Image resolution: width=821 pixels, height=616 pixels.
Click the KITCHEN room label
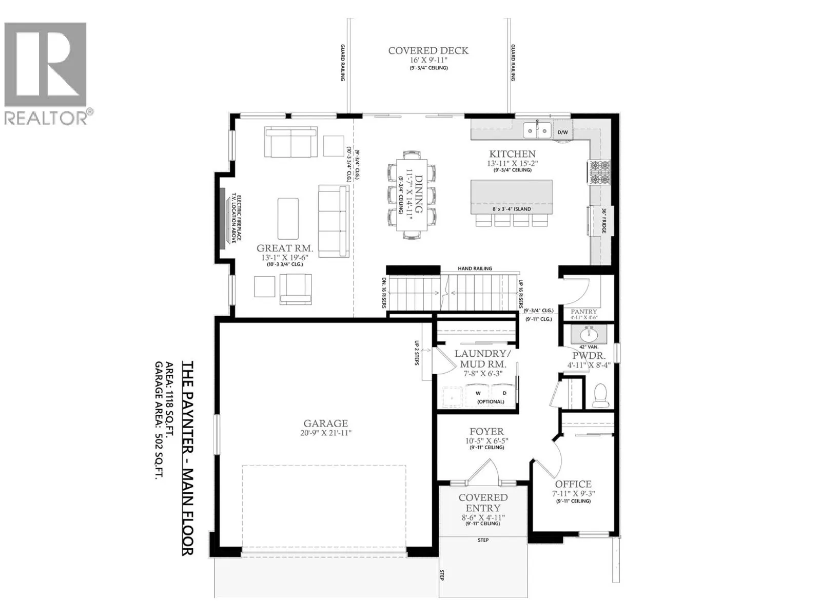coord(512,153)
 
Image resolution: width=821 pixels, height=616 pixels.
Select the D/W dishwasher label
coord(562,132)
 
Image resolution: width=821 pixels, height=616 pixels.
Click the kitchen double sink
coord(537,130)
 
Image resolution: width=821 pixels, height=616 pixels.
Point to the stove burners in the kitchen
coord(599,172)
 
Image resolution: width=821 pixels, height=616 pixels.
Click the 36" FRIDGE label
coord(604,221)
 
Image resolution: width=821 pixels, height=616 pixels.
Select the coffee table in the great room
coord(288,219)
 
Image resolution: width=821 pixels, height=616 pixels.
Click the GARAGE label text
coord(325,423)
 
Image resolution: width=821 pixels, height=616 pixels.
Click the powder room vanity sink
coord(589,335)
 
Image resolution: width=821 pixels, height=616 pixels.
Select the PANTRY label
coord(584,312)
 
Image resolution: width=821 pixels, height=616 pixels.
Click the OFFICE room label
coord(573,484)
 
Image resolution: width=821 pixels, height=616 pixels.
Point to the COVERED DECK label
coord(428,50)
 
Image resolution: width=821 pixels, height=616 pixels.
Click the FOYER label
coord(486,432)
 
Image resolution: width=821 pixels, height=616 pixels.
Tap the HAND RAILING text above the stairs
coord(475,268)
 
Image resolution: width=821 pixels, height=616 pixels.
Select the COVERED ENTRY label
coord(483,503)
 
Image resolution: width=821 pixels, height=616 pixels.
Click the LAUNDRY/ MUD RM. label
coord(480,359)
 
